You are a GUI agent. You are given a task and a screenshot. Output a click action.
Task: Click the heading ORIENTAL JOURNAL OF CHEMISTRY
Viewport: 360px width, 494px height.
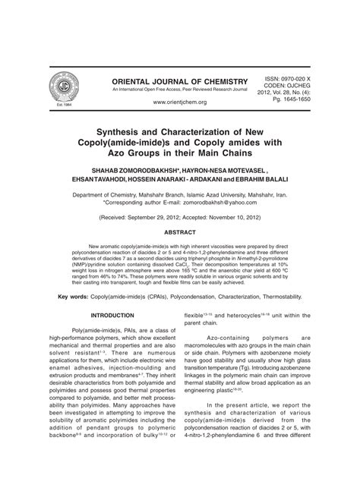click(179, 81)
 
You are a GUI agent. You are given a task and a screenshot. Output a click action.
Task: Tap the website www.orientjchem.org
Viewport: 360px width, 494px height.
click(179, 102)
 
